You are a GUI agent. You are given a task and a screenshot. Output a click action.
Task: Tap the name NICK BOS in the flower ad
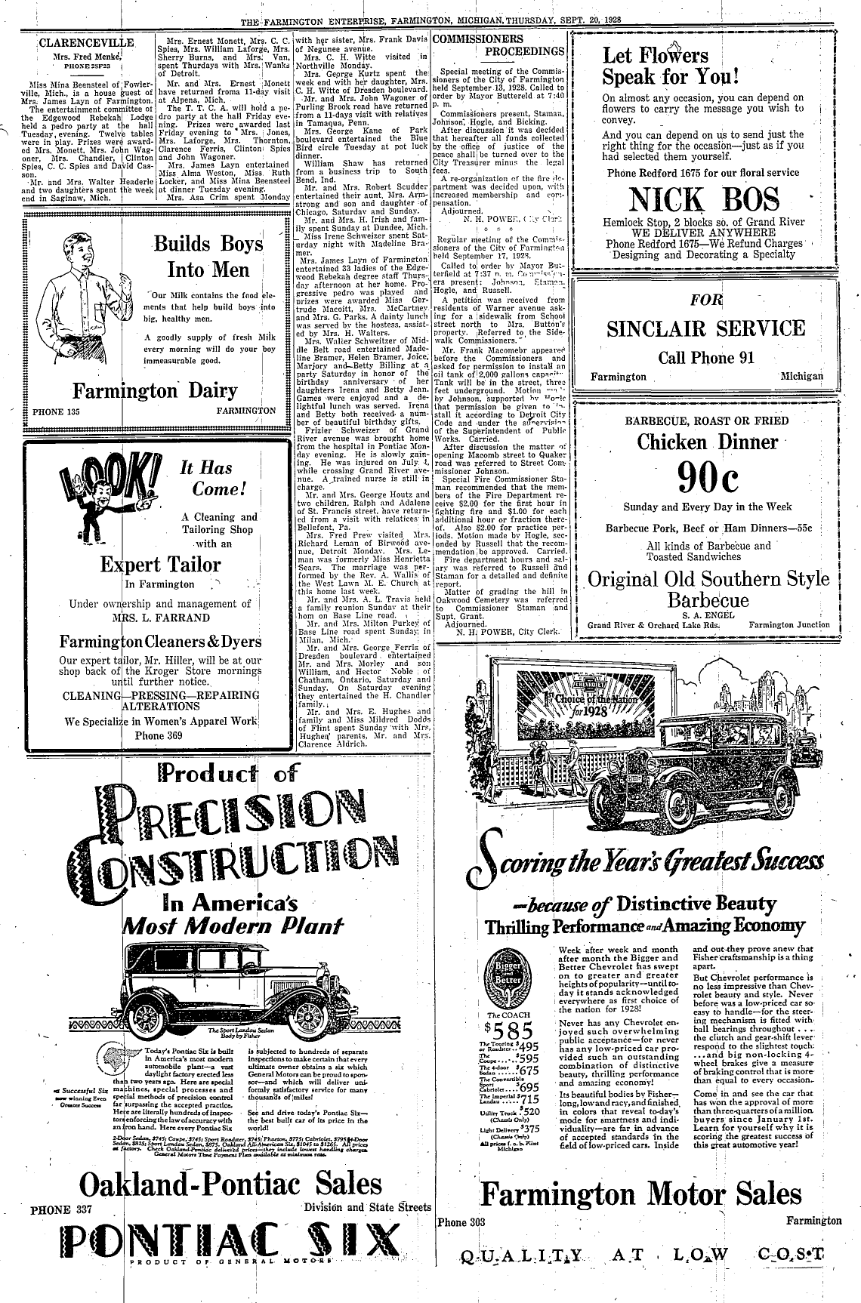coord(706,200)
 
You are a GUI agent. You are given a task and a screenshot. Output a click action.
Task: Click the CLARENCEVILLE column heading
coord(85,42)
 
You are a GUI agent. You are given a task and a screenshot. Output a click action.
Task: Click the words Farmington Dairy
coord(155,392)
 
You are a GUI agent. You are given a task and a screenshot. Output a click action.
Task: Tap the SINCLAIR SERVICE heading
coord(706,329)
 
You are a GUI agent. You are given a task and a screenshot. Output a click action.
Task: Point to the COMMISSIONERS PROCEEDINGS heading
coord(499,45)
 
